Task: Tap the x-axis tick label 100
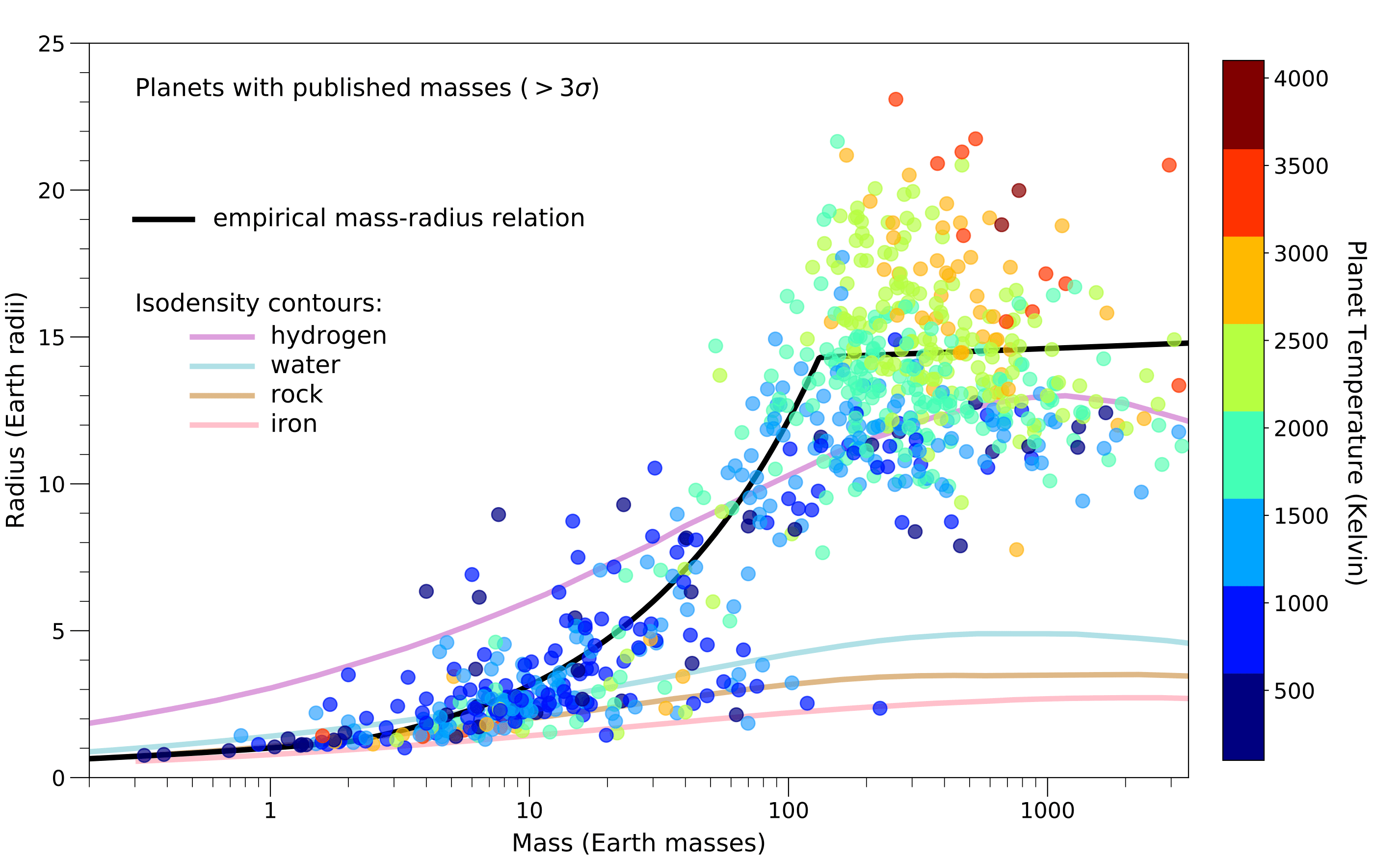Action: pos(788,810)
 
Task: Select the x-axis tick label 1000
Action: pos(1047,810)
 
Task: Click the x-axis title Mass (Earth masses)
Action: pos(638,843)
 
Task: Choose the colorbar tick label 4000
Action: pos(1300,79)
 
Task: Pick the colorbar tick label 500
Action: pos(1294,691)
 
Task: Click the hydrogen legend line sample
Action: pos(222,337)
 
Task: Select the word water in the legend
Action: pos(305,365)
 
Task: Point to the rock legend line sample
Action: pos(222,396)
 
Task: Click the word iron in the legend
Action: pos(293,424)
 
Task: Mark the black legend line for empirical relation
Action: pos(164,219)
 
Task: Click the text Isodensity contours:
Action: pos(258,303)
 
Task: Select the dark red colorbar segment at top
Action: pos(1243,105)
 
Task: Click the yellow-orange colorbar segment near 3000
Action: pos(1243,280)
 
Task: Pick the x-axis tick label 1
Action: pos(270,810)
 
